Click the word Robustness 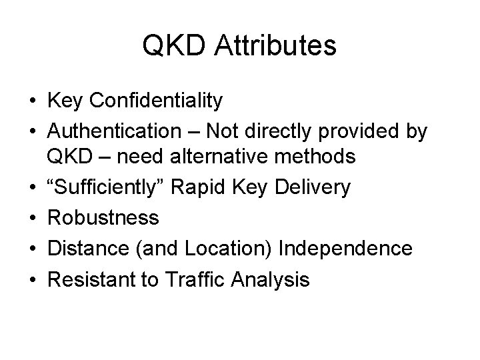click(103, 217)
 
